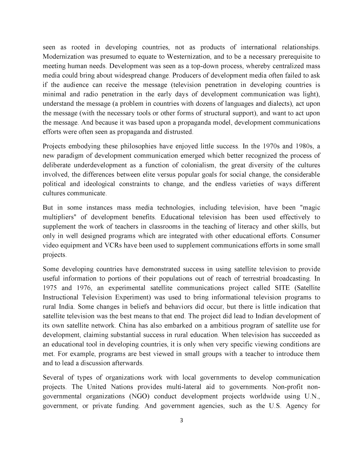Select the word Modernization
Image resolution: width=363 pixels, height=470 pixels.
(63, 57)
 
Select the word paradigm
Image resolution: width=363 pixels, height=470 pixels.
(68, 156)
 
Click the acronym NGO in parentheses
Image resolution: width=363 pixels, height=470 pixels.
(135, 397)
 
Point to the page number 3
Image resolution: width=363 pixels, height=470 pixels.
(181, 421)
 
